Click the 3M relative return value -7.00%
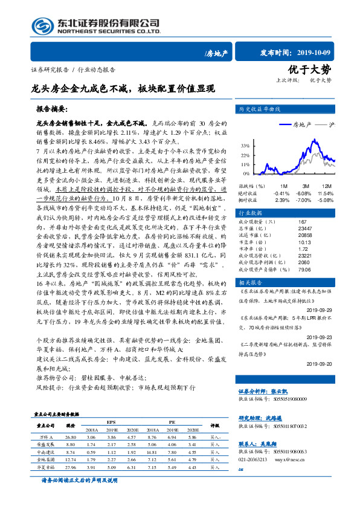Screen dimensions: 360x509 tap(303, 199)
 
